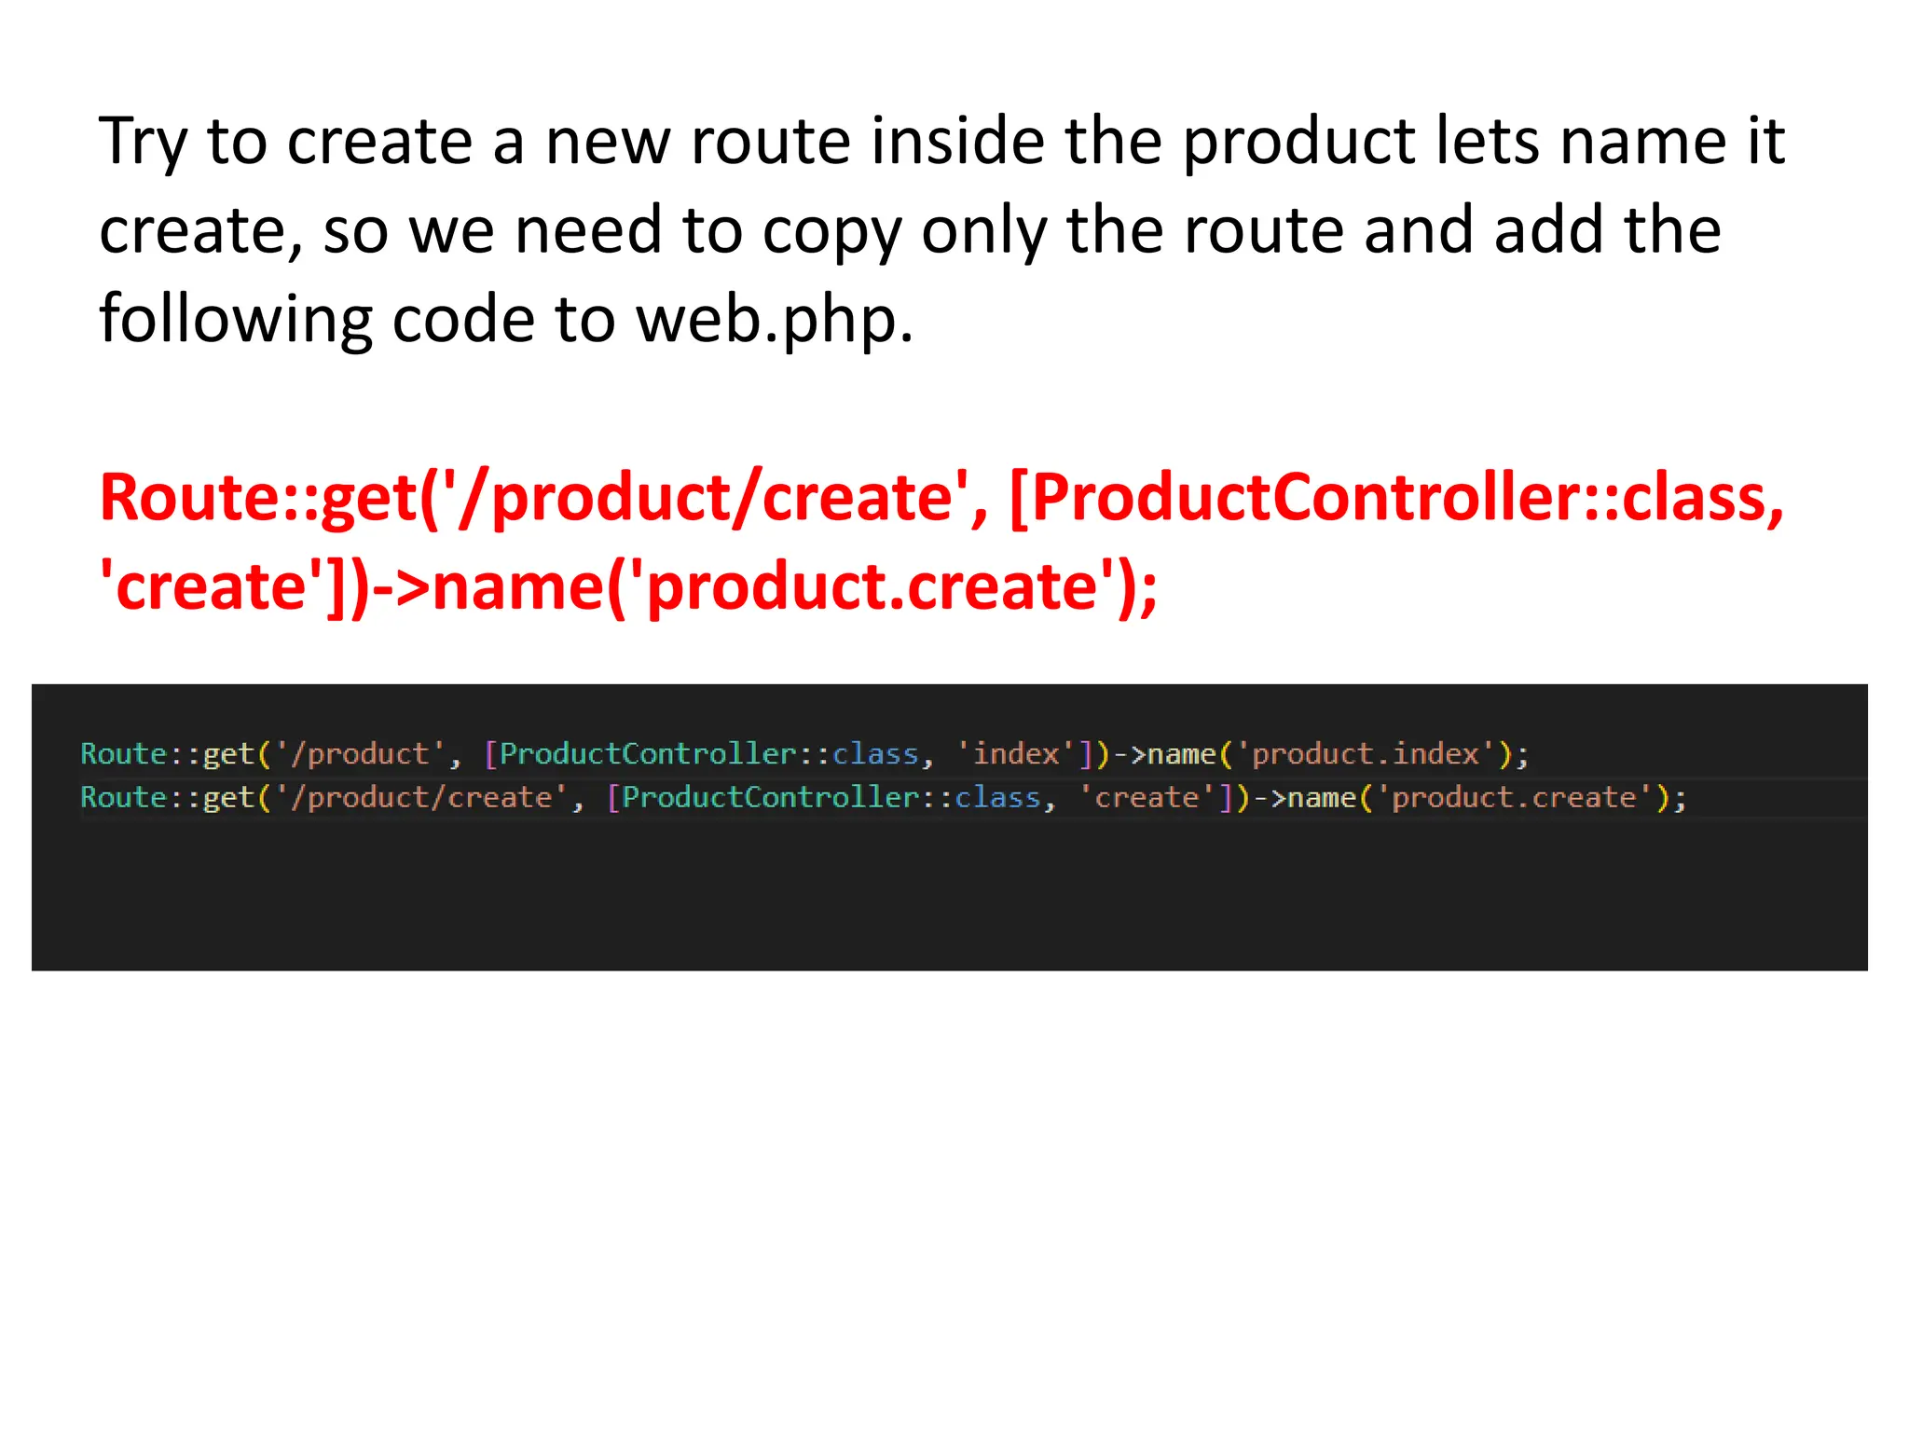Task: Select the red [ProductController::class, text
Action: [x=1395, y=497]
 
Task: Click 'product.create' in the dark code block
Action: [x=1514, y=798]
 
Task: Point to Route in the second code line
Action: [x=123, y=798]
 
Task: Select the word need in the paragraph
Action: [x=587, y=230]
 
